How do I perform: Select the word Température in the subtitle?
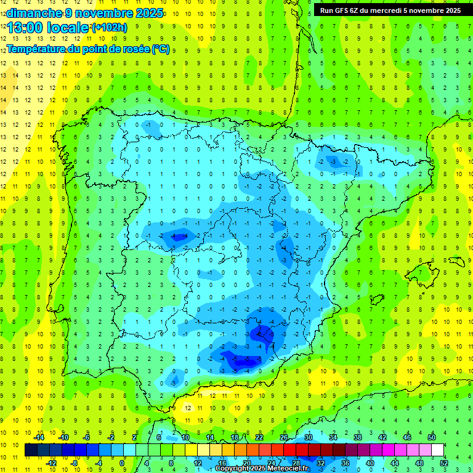tap(38, 49)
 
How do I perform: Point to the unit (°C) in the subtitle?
tap(160, 49)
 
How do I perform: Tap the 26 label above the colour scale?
tap(283, 437)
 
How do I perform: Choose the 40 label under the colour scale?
tap(370, 463)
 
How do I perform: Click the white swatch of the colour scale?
tap(437, 450)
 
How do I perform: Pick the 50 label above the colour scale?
tap(432, 437)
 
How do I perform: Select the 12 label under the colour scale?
tap(197, 463)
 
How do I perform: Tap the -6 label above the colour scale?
tap(87, 437)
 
